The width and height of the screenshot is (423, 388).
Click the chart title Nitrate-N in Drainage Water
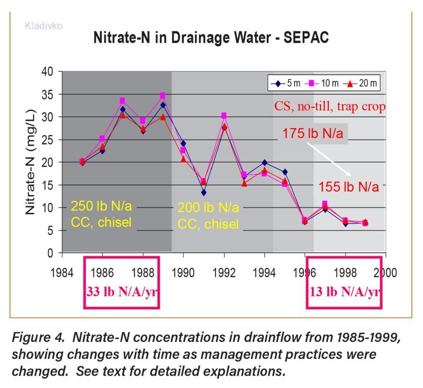211,38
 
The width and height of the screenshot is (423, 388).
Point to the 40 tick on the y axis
48,72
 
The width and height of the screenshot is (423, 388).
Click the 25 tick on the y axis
48,140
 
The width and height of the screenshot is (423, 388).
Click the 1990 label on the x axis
183,272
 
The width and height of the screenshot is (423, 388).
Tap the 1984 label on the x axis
62,272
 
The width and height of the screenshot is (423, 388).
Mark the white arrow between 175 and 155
328,159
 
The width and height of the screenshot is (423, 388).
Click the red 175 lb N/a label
312,133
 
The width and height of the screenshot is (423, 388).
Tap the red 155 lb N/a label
348,187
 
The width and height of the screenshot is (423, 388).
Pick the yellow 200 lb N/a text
208,207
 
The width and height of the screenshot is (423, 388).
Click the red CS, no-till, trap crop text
330,107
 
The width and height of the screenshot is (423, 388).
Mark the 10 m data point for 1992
224,116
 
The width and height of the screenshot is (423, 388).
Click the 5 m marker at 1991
203,193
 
